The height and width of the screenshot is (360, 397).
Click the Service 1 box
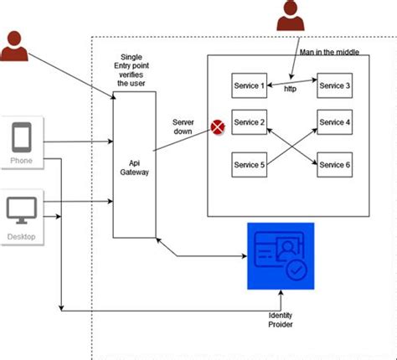coord(250,85)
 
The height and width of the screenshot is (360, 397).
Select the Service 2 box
coord(250,123)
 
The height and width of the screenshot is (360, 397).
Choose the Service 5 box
coord(250,165)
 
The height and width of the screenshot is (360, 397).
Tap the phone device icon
coord(23,137)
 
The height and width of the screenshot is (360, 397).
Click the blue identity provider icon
coord(280,255)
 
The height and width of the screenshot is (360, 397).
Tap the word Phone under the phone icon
coord(23,160)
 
